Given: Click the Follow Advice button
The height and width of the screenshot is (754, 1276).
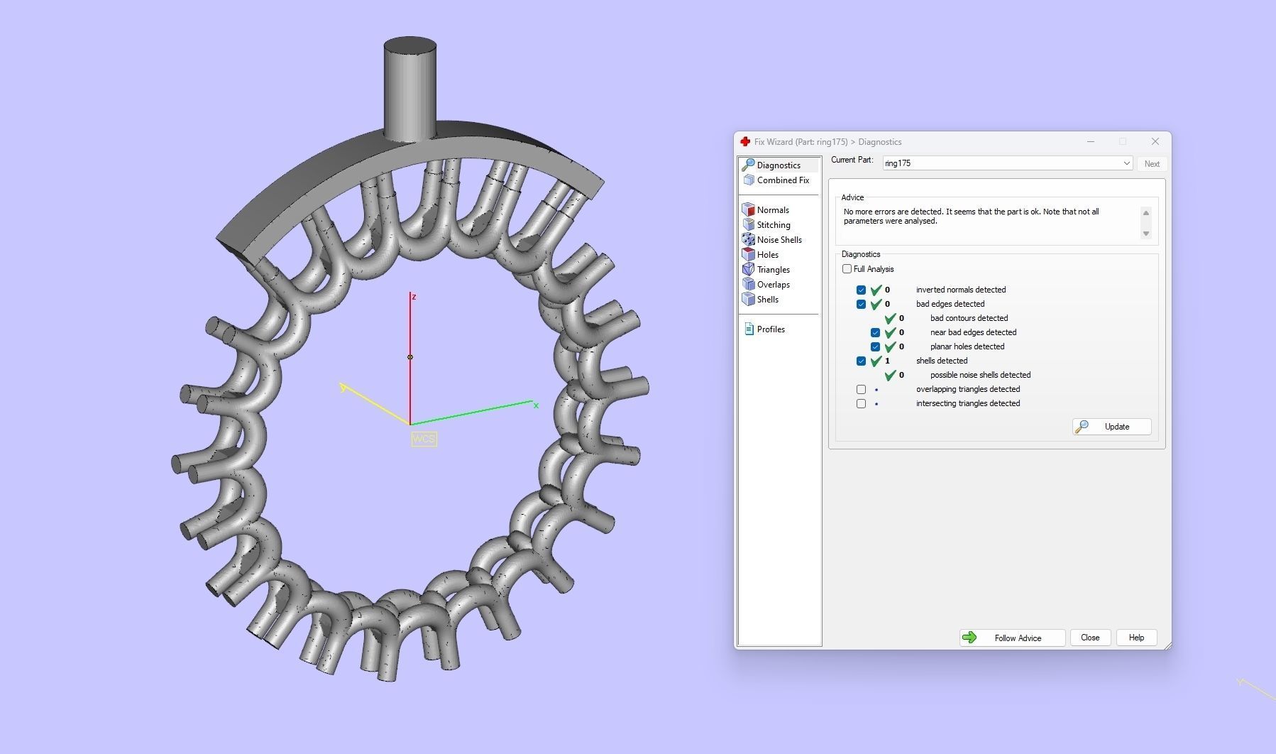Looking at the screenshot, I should (x=1012, y=638).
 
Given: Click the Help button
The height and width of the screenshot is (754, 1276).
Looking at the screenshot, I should (x=1135, y=638).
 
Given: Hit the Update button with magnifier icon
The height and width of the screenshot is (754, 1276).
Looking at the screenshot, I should (x=1111, y=427).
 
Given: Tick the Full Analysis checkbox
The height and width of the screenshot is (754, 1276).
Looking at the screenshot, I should (x=847, y=269).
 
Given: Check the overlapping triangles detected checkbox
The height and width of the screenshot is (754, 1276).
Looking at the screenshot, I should (x=861, y=389).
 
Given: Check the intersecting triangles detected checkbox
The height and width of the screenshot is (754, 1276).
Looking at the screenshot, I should (x=861, y=403).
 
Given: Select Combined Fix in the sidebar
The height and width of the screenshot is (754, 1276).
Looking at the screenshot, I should (x=782, y=180).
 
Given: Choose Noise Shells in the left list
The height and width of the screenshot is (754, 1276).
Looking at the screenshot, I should (x=779, y=240).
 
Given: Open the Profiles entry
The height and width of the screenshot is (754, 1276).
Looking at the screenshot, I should (x=770, y=329).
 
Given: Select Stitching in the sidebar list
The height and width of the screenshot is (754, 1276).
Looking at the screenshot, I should (x=773, y=225).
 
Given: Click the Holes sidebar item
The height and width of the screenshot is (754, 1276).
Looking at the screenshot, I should (x=767, y=255).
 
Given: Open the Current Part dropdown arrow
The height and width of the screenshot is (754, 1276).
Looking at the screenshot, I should (x=1126, y=163).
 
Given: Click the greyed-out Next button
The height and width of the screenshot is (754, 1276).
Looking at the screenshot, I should (x=1151, y=164).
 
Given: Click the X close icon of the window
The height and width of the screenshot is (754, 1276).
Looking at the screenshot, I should (x=1155, y=141).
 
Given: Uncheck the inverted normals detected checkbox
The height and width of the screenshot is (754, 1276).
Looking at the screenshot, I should (x=861, y=290).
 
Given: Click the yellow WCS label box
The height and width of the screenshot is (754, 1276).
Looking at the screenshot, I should (x=424, y=439).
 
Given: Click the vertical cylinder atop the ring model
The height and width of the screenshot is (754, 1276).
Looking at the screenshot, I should (x=409, y=89).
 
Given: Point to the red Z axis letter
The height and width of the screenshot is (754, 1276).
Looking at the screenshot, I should (x=414, y=297).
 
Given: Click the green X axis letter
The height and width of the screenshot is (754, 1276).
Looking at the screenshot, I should (x=536, y=405).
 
